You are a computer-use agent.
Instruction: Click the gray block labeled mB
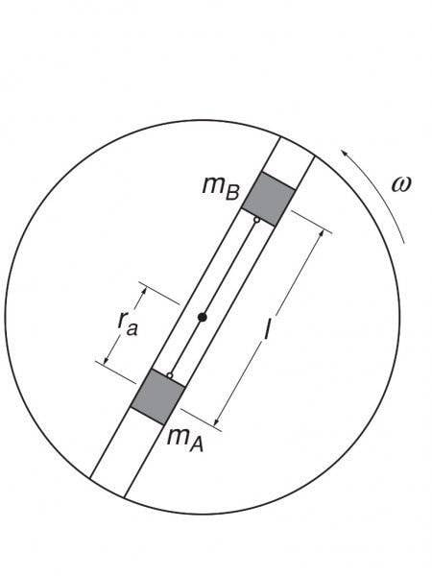pyautogui.click(x=269, y=199)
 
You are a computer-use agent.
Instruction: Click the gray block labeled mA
pyautogui.click(x=158, y=396)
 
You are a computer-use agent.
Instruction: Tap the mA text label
pyautogui.click(x=184, y=440)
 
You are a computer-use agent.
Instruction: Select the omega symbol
pyautogui.click(x=400, y=184)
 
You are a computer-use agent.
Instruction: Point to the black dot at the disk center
pyautogui.click(x=202, y=317)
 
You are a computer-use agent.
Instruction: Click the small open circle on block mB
pyautogui.click(x=257, y=220)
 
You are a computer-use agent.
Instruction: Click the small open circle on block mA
pyautogui.click(x=169, y=375)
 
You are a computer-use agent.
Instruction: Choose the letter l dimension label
pyautogui.click(x=268, y=328)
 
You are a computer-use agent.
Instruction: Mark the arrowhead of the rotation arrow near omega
pyautogui.click(x=344, y=153)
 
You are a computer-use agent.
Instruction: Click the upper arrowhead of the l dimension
pyautogui.click(x=322, y=232)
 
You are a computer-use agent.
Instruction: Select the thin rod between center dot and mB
pyautogui.click(x=229, y=269)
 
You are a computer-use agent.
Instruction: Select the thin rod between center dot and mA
pyautogui.click(x=186, y=346)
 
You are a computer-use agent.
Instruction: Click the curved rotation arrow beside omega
pyautogui.click(x=382, y=193)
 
